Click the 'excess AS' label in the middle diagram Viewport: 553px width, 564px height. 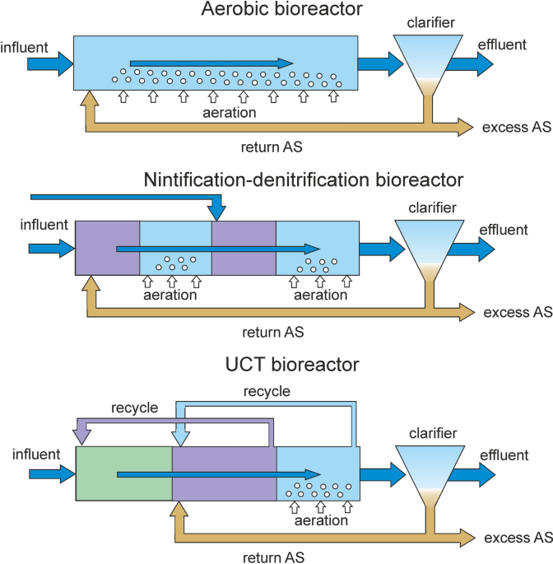click(x=517, y=313)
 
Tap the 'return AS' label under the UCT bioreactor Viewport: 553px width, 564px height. click(x=273, y=557)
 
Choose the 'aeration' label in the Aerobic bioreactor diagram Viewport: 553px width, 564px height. click(x=230, y=112)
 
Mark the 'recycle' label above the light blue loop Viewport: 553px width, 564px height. click(x=267, y=392)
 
